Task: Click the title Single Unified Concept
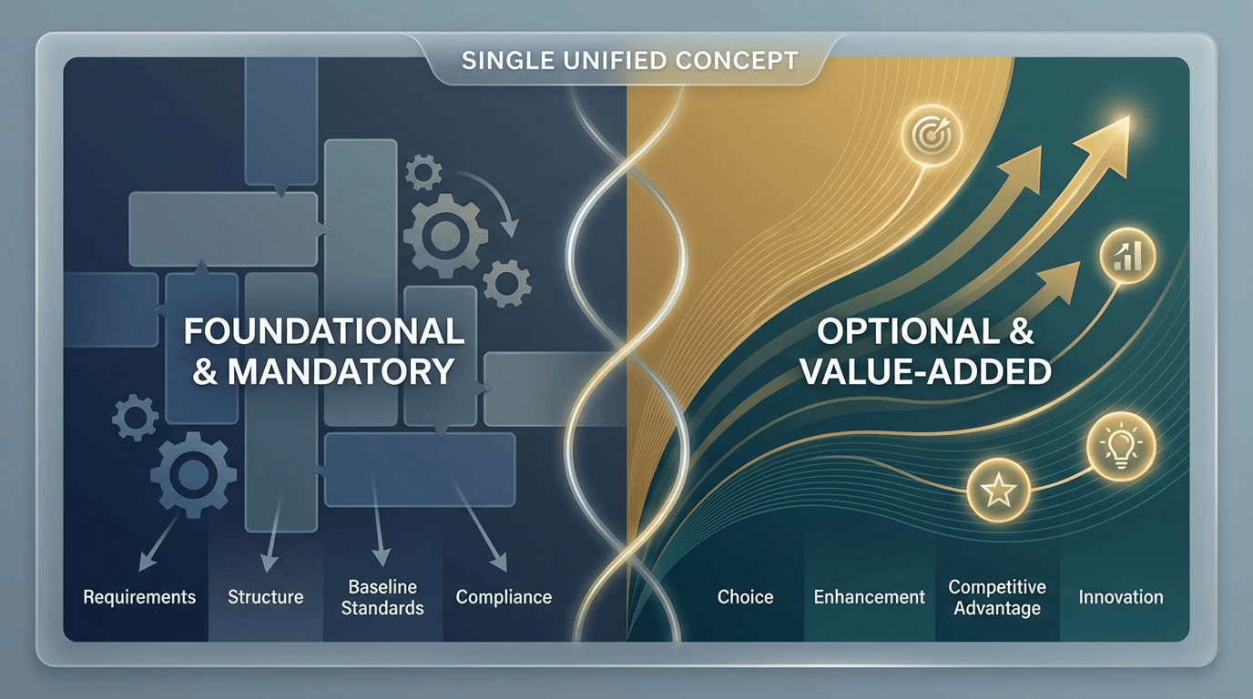tap(630, 60)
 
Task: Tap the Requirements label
tap(139, 597)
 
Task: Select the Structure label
tap(265, 597)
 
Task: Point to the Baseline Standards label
tap(382, 597)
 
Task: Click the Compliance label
tap(504, 597)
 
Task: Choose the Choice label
tap(745, 597)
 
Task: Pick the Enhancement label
tap(870, 597)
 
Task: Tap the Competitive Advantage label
tap(997, 597)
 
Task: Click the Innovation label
tap(1121, 597)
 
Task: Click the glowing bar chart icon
tap(1127, 256)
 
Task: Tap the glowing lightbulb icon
tap(1121, 446)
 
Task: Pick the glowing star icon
tap(998, 491)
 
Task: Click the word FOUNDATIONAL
tap(324, 331)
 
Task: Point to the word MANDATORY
tap(341, 371)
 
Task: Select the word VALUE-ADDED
tap(926, 371)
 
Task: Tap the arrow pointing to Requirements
tap(158, 543)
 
